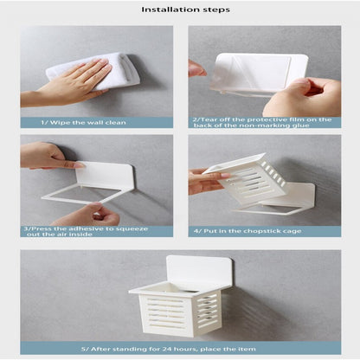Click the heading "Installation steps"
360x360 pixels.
[x=185, y=10]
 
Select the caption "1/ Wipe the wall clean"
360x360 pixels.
[x=83, y=123]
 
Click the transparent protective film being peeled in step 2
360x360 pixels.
[x=250, y=72]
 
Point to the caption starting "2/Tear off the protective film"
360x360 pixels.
[x=262, y=122]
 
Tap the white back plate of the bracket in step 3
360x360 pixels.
[x=105, y=175]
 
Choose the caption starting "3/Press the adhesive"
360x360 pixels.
[x=86, y=231]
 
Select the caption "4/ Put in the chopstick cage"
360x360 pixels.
[x=247, y=231]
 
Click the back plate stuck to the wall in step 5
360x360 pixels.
[x=200, y=271]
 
